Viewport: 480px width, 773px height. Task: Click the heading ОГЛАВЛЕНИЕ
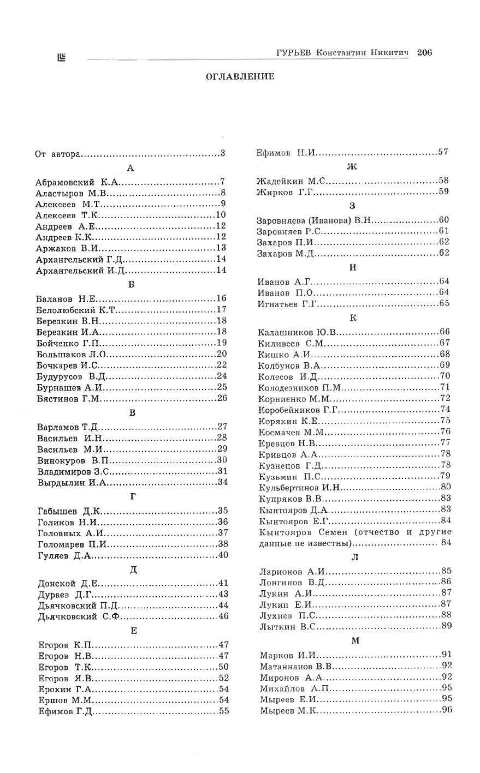[240, 76]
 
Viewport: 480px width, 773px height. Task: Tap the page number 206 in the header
[424, 52]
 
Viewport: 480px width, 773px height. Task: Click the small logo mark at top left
[61, 56]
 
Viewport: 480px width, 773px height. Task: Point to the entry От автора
[58, 153]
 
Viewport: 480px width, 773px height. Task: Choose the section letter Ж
[352, 167]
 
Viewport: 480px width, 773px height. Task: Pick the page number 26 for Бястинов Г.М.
[222, 398]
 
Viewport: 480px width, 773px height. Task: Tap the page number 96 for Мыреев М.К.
[447, 710]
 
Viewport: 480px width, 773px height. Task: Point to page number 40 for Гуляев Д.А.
[223, 555]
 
